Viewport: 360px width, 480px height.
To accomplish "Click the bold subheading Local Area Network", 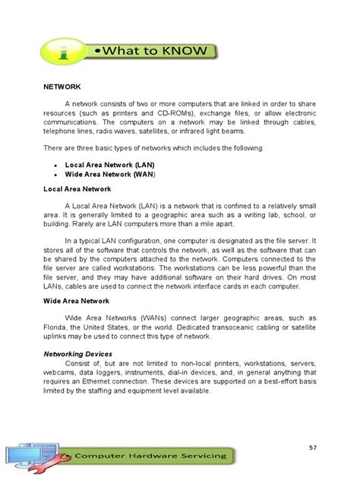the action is point(77,188).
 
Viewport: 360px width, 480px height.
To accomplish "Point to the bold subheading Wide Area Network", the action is point(76,302).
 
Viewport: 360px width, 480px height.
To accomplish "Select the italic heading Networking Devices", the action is point(78,354).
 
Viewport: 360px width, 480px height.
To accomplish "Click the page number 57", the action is point(311,447).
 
